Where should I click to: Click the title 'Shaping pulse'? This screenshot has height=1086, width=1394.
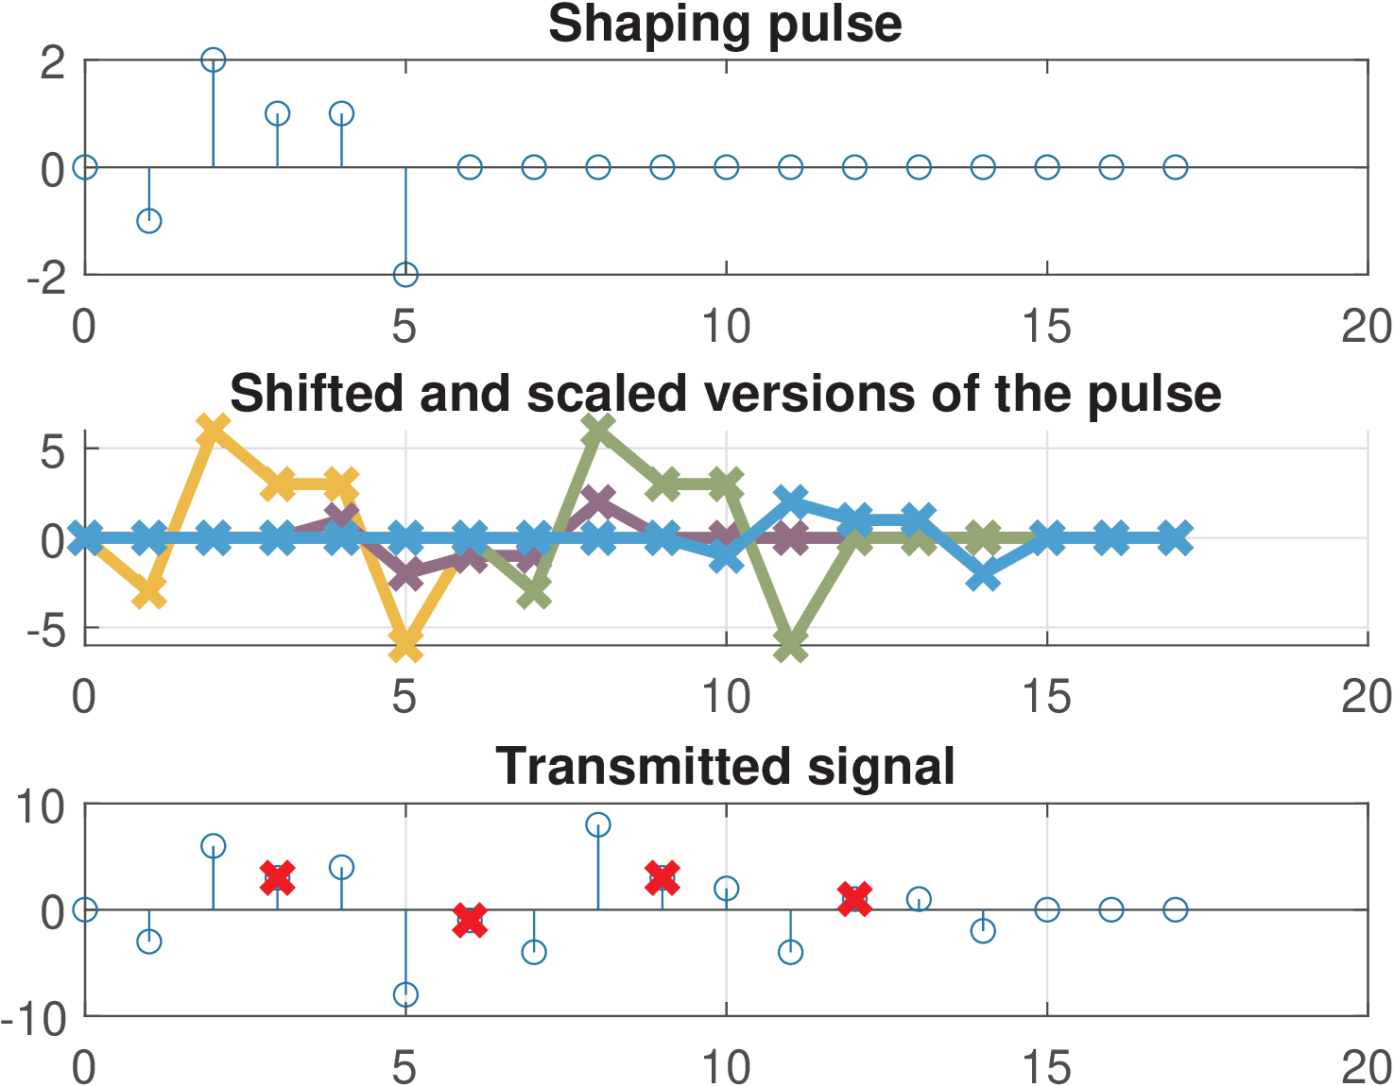tap(725, 24)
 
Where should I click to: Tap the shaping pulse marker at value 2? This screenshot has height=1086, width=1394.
tap(214, 59)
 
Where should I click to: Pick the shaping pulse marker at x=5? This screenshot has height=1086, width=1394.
tap(405, 275)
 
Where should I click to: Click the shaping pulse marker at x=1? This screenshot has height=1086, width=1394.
tap(149, 221)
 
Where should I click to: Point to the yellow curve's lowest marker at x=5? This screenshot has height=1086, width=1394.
tap(405, 646)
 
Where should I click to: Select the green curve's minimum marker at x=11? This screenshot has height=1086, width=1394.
tap(791, 647)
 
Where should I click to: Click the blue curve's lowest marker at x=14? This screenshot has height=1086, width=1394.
tap(984, 575)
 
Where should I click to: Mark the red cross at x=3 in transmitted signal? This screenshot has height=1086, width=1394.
tap(278, 877)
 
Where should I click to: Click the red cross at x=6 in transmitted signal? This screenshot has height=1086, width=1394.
tap(470, 920)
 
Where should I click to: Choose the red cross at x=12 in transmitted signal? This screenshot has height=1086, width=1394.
tap(854, 899)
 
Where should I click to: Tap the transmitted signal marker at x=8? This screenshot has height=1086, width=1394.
tap(598, 824)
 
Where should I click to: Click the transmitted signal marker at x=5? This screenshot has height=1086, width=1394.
tap(405, 994)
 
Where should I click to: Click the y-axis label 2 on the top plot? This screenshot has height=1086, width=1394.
tap(53, 62)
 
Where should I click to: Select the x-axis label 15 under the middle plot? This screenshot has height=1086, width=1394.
tap(1046, 698)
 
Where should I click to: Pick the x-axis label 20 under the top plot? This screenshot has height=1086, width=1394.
tap(1367, 327)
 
